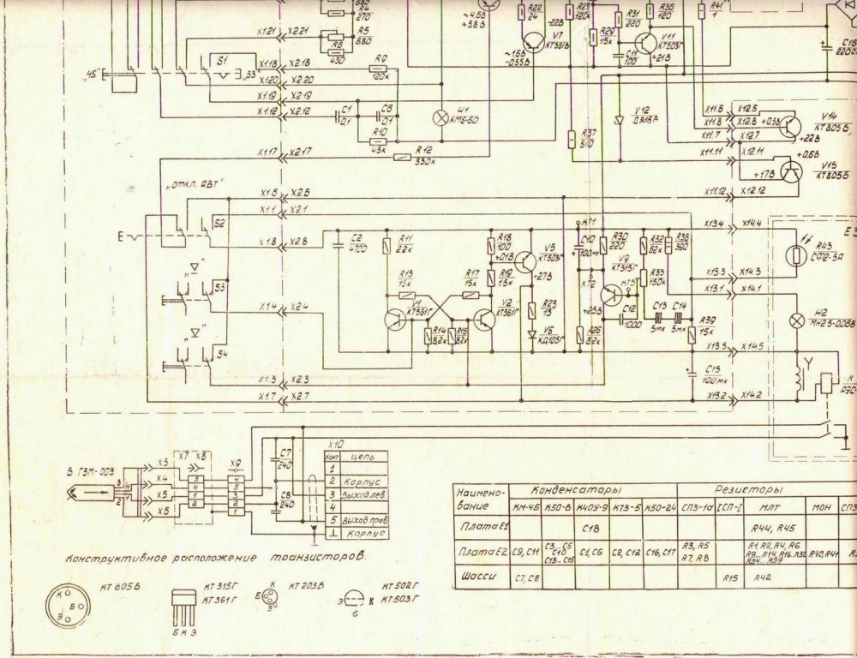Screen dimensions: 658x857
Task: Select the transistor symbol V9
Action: click(611, 294)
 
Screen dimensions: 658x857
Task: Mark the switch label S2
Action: click(220, 222)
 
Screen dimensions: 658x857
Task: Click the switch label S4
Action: click(220, 352)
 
